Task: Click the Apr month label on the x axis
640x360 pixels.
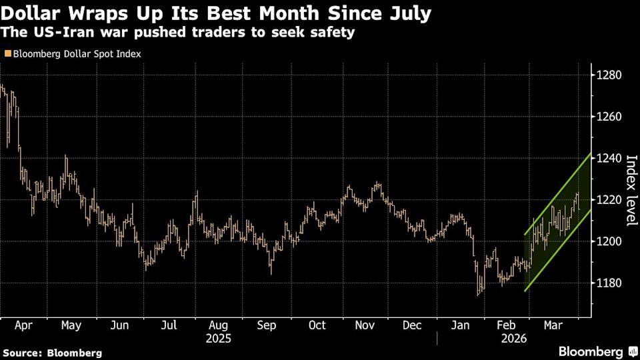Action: click(23, 325)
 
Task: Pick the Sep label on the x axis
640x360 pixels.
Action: click(267, 325)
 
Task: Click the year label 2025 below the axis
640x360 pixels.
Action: click(219, 338)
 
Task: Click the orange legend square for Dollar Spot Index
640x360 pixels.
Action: click(7, 53)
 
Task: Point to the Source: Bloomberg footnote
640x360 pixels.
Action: click(53, 353)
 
